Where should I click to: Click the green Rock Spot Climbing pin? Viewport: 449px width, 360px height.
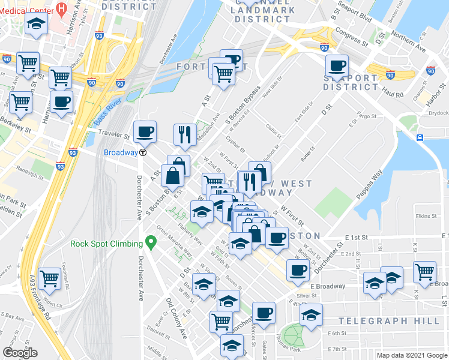click(151, 244)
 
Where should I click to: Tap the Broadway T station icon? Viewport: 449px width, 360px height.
click(143, 152)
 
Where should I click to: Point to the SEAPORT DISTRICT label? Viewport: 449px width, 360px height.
click(350, 82)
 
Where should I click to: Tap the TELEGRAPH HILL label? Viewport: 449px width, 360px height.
click(388, 322)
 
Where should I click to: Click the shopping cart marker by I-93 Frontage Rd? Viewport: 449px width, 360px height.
click(49, 278)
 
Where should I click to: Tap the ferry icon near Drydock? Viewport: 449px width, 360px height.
click(420, 138)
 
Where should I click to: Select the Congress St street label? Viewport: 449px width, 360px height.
click(352, 37)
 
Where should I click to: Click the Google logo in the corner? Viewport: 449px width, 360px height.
click(20, 353)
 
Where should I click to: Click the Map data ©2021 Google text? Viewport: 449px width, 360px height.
click(411, 355)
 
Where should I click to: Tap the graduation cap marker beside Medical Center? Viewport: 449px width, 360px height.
click(37, 24)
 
